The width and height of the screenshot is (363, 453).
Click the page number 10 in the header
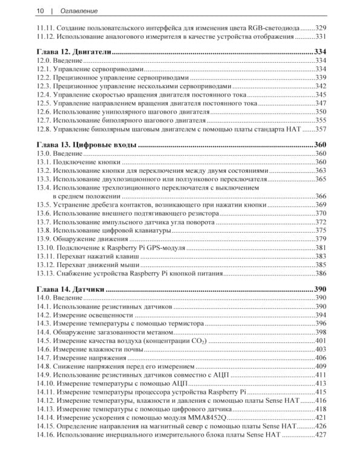tap(40, 11)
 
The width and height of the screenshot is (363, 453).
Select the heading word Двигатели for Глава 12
tap(91, 53)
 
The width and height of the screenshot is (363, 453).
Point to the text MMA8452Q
tap(206, 417)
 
